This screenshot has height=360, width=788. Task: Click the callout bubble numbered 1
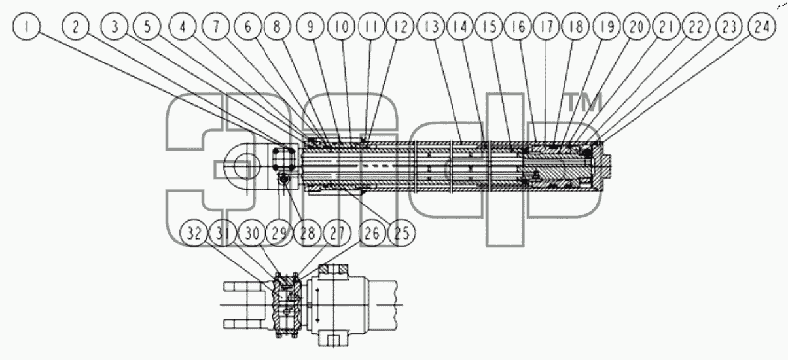tap(26, 26)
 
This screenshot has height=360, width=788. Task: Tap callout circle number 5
tap(147, 26)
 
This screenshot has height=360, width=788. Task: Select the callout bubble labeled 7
tap(216, 26)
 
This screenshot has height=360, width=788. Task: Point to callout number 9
tap(310, 26)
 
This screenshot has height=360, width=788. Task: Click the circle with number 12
tap(400, 26)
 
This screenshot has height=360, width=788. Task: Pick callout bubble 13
tap(431, 26)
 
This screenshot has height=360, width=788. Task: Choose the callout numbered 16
tap(518, 26)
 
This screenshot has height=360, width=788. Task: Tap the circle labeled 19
tap(607, 26)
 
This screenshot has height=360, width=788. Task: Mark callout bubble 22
tap(696, 26)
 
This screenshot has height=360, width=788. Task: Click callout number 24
tap(762, 26)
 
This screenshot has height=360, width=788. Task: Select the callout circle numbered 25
tap(401, 233)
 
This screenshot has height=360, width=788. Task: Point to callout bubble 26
tap(372, 233)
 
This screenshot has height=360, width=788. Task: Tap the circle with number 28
tap(308, 233)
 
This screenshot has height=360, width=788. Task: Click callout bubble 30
tap(251, 233)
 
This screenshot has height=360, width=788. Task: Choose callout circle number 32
tap(193, 233)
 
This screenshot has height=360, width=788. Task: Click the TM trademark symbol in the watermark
tap(584, 102)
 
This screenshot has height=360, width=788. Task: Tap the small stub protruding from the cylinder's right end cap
tap(607, 166)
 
